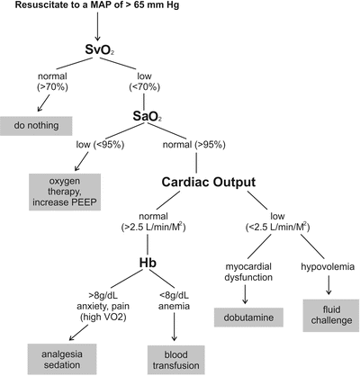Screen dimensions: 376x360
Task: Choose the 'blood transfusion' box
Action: [x=174, y=354]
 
